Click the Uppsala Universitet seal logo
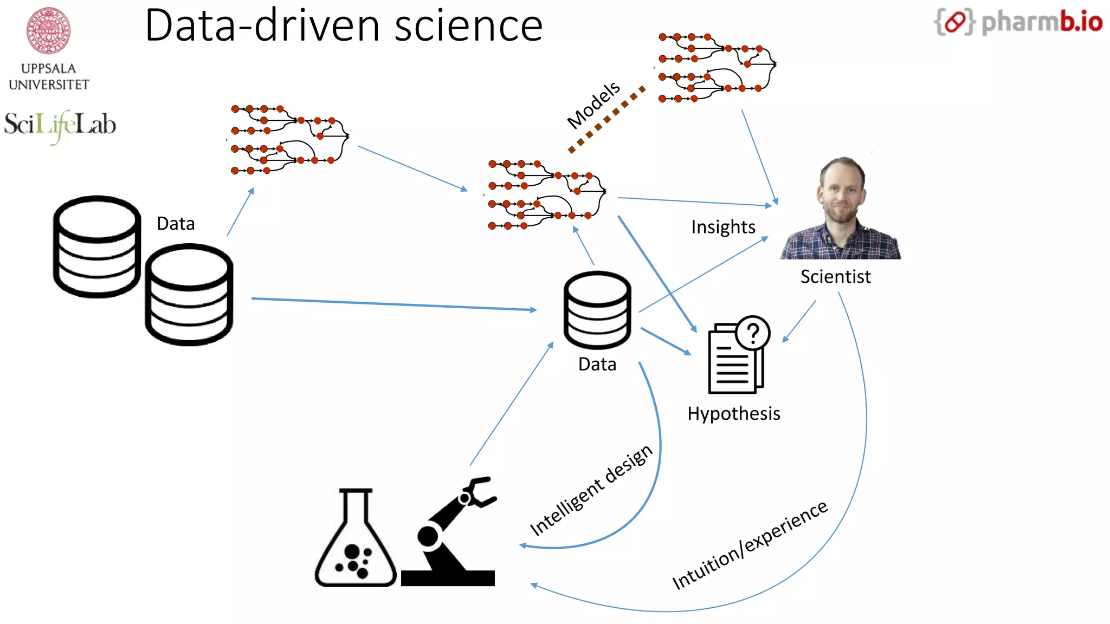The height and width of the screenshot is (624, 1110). point(49,31)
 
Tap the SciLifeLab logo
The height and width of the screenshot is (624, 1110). point(60,125)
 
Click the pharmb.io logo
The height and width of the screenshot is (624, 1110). point(1018,22)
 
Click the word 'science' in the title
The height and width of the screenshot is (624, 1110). point(468,25)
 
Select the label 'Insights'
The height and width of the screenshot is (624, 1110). point(723,227)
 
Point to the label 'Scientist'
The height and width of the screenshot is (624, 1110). point(835,277)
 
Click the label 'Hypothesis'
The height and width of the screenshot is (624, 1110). point(733,414)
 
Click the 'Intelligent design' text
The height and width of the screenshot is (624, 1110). point(591,490)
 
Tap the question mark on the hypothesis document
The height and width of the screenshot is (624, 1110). point(753,333)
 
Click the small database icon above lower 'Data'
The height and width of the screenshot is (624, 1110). point(597,310)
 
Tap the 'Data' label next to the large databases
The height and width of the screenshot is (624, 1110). point(176,224)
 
